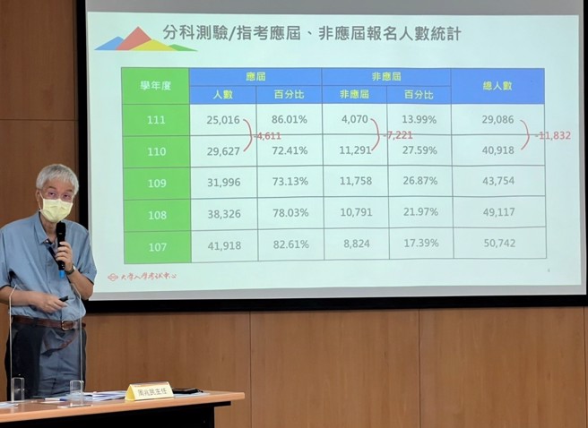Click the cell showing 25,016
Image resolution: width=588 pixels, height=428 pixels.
(x=222, y=119)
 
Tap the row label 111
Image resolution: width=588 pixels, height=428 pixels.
(x=156, y=119)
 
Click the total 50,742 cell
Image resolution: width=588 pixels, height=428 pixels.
(x=497, y=243)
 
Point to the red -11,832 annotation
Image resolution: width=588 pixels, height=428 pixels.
(x=553, y=135)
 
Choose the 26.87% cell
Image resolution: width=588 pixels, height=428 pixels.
(x=419, y=181)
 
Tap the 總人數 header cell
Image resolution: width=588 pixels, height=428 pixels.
(x=497, y=85)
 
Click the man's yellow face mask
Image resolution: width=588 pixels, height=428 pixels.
(x=56, y=210)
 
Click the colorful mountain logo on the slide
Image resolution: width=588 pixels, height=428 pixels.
(x=143, y=40)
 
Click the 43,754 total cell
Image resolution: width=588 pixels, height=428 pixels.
(x=497, y=182)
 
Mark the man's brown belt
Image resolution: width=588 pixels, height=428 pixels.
(x=45, y=321)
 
